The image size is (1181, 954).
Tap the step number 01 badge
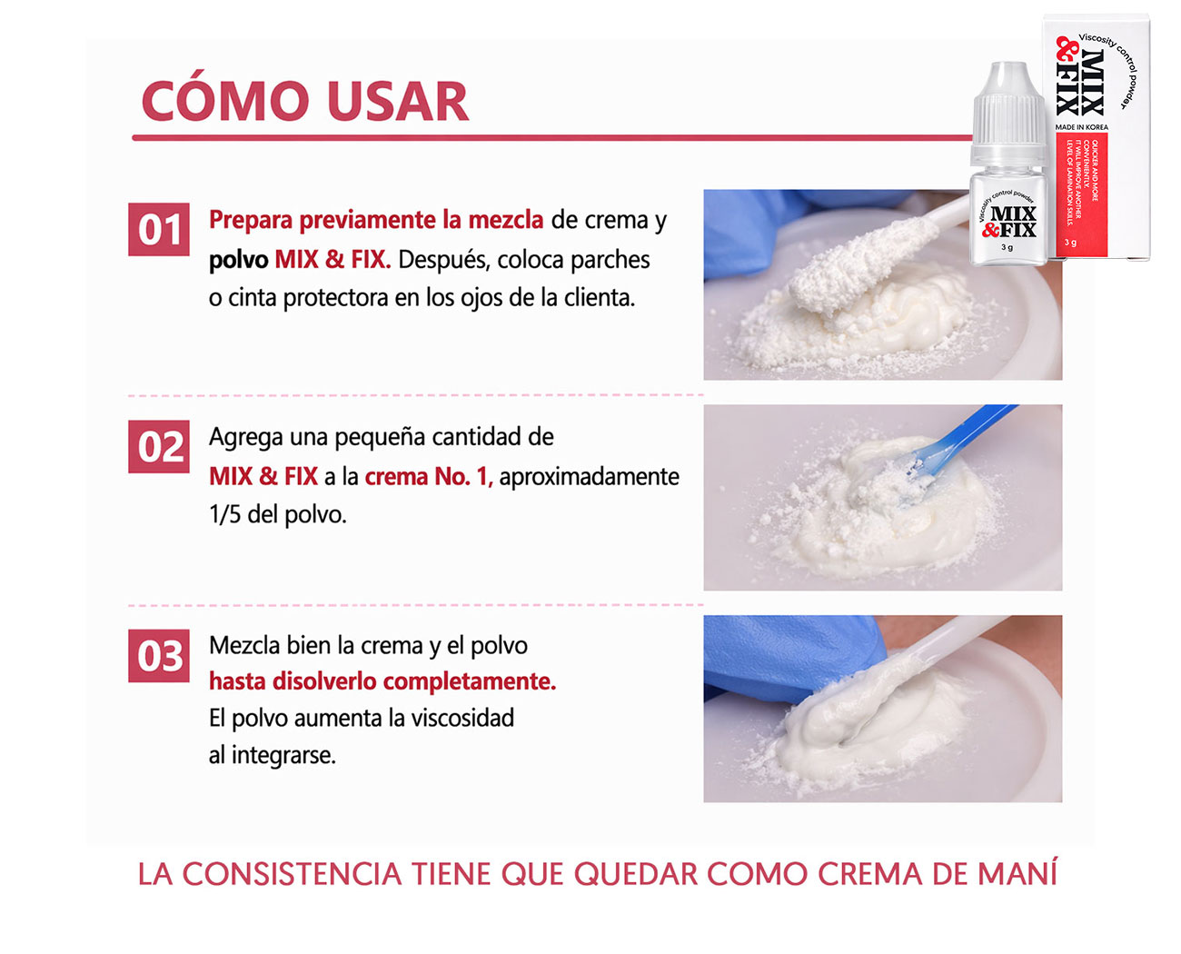[x=159, y=230]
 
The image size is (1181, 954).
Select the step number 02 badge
[x=159, y=447]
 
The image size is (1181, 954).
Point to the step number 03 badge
[x=159, y=656]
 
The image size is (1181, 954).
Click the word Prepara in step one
[x=251, y=221]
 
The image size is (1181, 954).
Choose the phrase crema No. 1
[x=428, y=477]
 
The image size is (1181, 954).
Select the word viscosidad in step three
[x=462, y=718]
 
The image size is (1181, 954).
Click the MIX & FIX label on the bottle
[x=1011, y=222]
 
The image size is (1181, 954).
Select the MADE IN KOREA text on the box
[x=1081, y=127]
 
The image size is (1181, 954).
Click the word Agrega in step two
[x=245, y=438]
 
